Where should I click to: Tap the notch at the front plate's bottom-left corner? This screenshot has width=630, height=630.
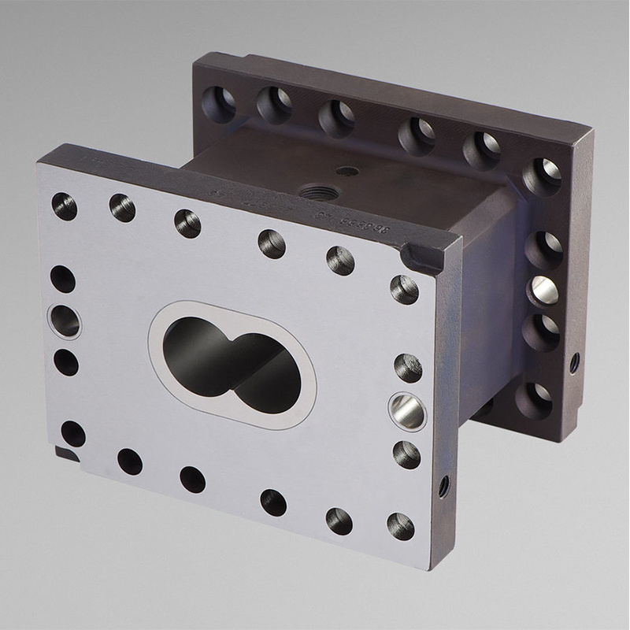(66, 455)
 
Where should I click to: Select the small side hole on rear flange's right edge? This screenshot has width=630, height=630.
(574, 362)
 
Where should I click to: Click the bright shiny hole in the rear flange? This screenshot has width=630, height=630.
(543, 292)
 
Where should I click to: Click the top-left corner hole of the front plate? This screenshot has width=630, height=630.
(65, 206)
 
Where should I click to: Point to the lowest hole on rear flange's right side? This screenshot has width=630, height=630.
(537, 398)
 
